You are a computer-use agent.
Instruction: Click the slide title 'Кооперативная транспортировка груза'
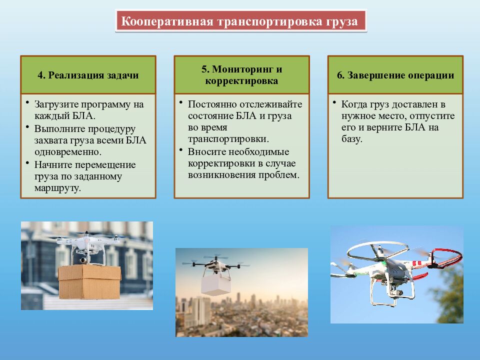pos(240,22)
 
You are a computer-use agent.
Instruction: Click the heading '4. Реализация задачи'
pos(88,75)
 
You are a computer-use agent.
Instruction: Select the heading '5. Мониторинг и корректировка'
pos(241,75)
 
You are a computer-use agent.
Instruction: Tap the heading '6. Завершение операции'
pos(395,75)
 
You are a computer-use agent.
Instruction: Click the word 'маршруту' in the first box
pos(57,188)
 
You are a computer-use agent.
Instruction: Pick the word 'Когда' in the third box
pos(353,104)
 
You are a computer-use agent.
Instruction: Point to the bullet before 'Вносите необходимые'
pos(180,150)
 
